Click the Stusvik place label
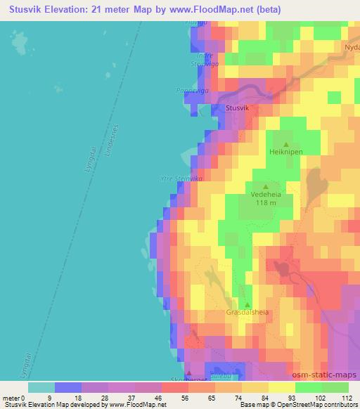237,108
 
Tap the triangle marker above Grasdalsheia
247,304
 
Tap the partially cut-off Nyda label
352,47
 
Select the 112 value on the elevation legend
346,398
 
